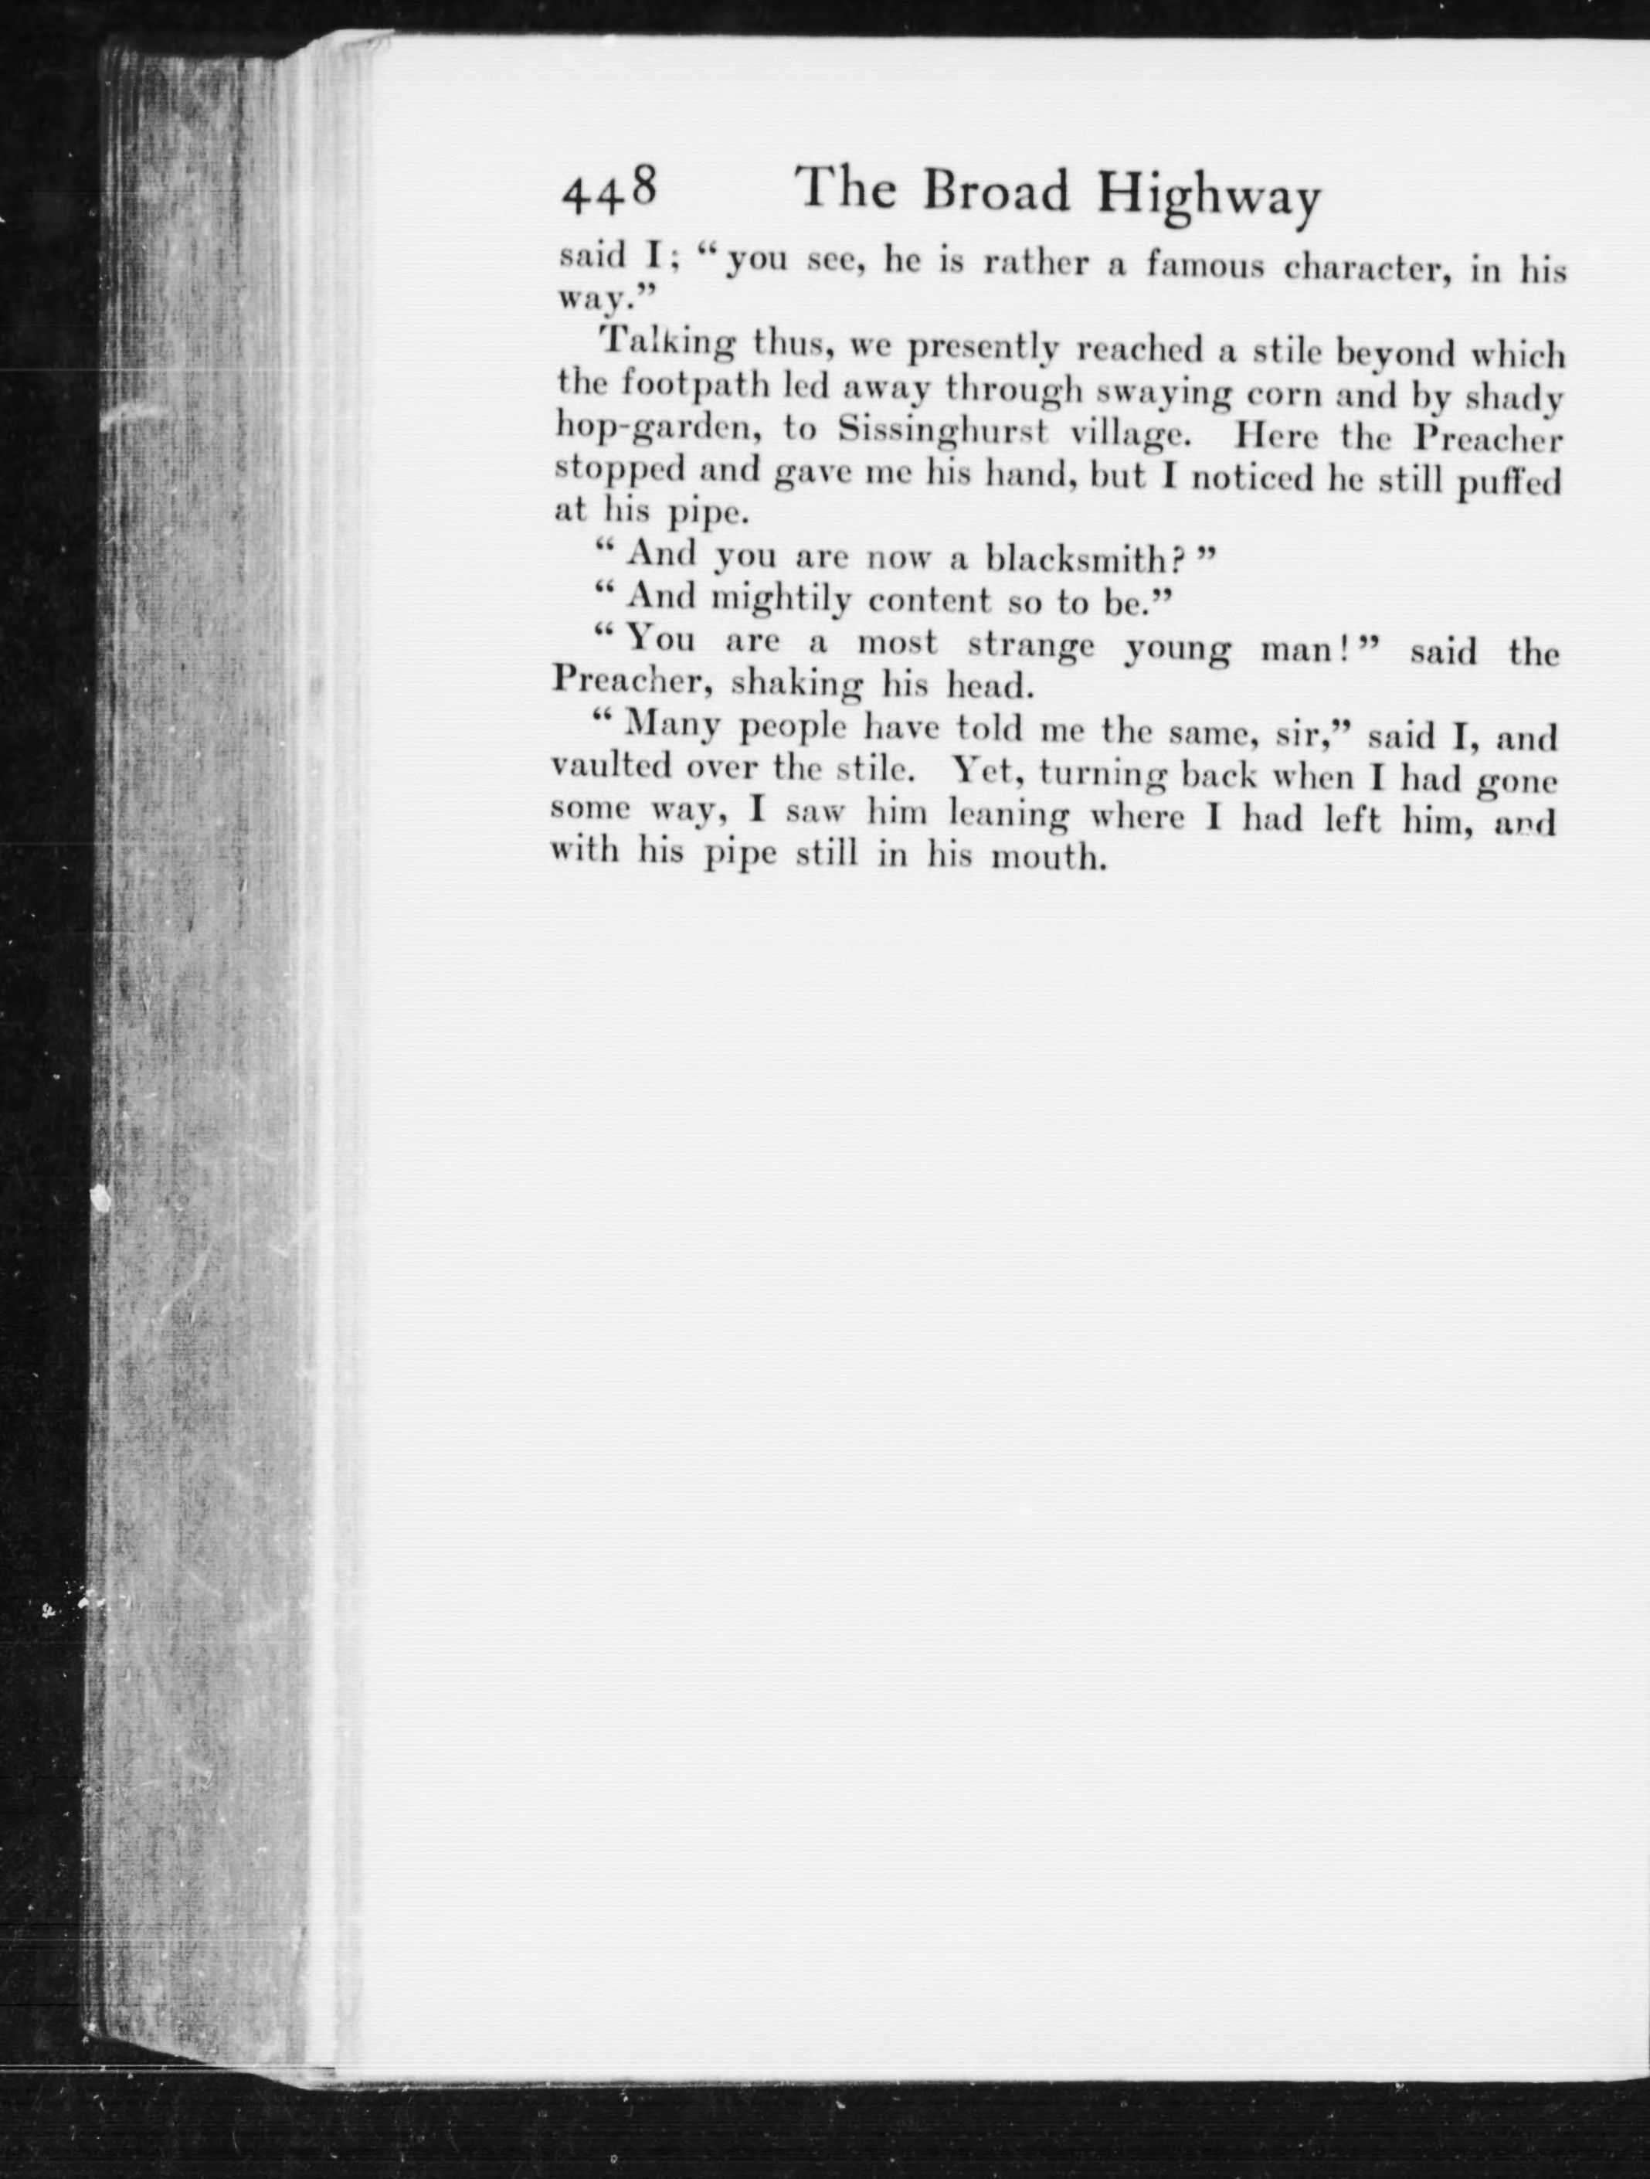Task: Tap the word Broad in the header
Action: click(995, 192)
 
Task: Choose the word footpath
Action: click(686, 386)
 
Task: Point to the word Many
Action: click(672, 727)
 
